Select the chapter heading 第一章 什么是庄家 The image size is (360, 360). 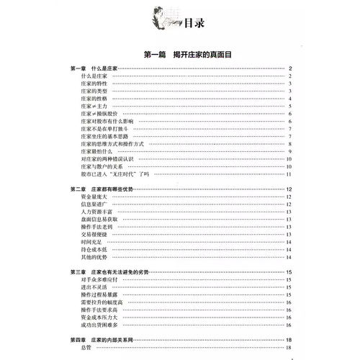click(x=94, y=68)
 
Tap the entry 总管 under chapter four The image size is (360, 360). click(x=86, y=346)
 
